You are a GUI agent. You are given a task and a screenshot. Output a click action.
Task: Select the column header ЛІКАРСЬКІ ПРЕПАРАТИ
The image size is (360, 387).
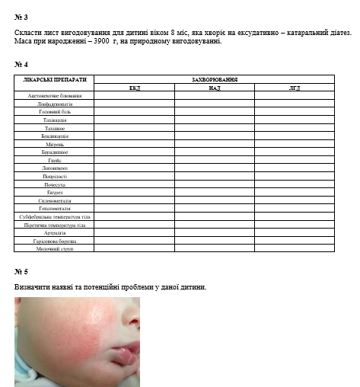pos(55,79)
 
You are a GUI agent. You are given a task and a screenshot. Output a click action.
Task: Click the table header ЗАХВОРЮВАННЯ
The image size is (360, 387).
pos(214,79)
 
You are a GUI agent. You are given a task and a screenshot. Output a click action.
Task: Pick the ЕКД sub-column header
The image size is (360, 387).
pos(135,88)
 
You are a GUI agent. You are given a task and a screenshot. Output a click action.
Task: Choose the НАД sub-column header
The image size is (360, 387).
pos(214,88)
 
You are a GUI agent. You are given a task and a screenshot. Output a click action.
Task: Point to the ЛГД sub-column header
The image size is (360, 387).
pos(294,88)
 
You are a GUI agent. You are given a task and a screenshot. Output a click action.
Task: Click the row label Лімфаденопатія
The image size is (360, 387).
pos(55,104)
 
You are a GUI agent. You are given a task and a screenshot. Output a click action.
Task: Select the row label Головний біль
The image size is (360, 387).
pos(55,112)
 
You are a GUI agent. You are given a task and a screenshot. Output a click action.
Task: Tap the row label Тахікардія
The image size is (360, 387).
pos(55,120)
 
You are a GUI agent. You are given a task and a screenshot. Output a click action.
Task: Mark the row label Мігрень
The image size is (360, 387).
pos(55,144)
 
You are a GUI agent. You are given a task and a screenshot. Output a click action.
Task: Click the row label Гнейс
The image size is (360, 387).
pos(55,160)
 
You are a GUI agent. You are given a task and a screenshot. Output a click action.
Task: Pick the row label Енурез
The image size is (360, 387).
pos(55,192)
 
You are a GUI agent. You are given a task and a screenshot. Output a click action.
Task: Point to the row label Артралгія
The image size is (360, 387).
pos(55,232)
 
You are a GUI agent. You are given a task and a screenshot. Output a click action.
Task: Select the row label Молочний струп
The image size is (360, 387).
pos(55,248)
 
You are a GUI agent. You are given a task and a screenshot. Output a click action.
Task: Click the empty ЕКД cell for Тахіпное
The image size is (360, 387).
pos(135,128)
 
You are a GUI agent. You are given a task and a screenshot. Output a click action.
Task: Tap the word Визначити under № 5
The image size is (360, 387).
pos(32,286)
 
